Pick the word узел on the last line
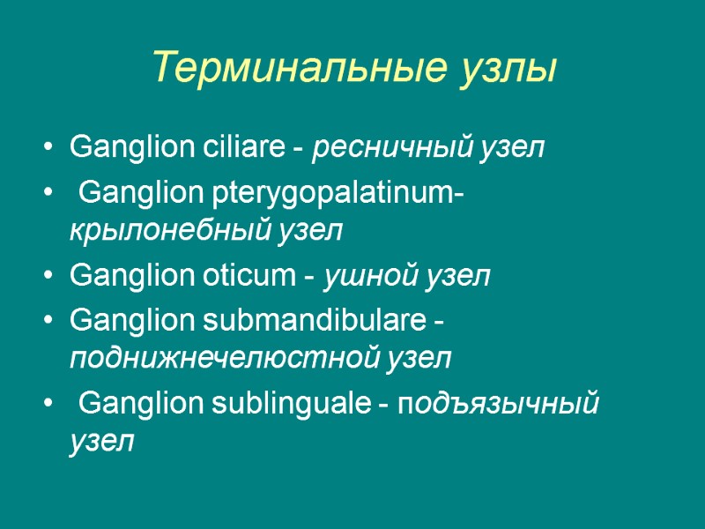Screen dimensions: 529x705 [x=102, y=442]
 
